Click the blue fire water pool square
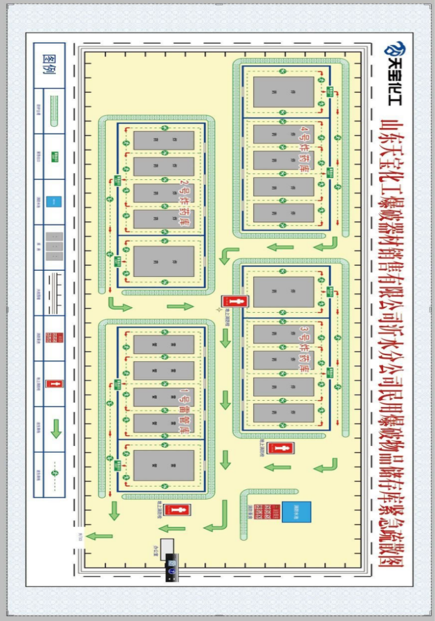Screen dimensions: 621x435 (x=300, y=511)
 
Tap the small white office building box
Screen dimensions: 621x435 (x=167, y=546)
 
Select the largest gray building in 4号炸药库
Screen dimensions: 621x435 (x=284, y=92)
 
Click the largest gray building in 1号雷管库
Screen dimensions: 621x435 (x=164, y=466)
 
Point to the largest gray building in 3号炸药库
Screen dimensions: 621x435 (x=284, y=292)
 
